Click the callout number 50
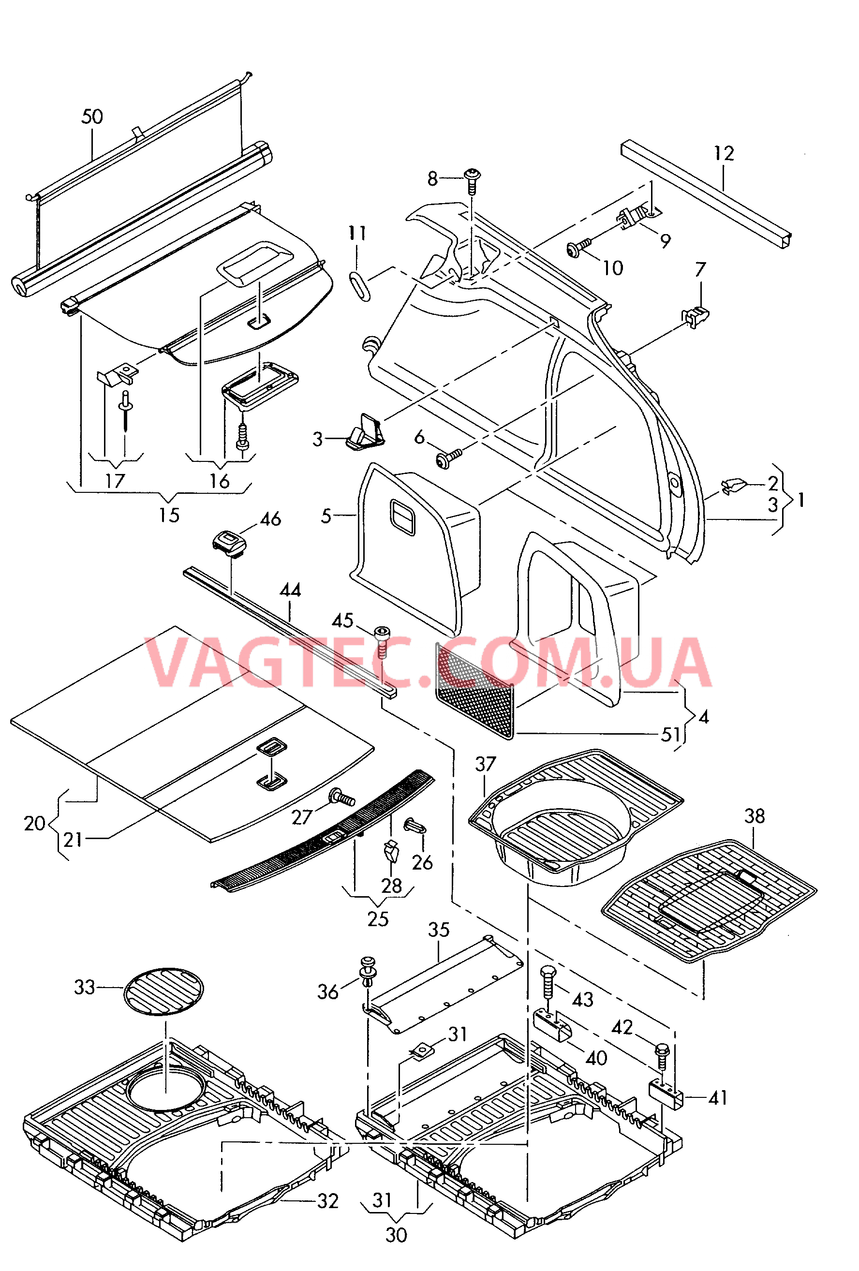point(92,117)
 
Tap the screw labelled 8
point(471,181)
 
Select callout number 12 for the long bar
point(724,154)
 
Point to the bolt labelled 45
point(382,641)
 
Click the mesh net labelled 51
point(474,691)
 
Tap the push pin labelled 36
point(368,971)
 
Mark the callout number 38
point(755,816)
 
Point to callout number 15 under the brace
point(169,515)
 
